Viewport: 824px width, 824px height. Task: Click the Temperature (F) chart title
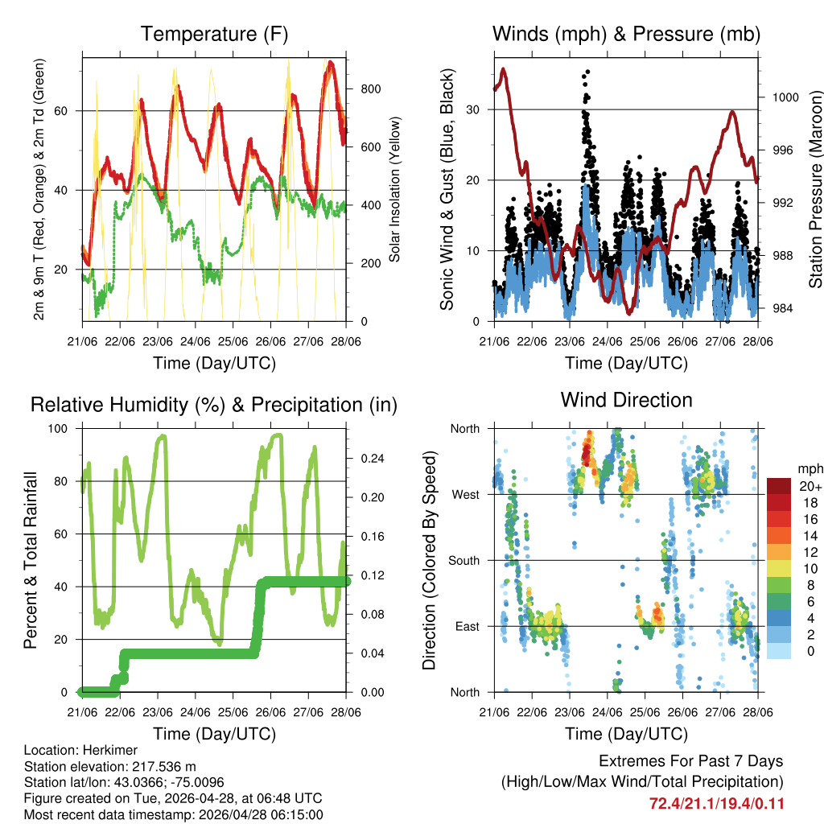[214, 34]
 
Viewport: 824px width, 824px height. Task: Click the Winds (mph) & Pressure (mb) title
[626, 34]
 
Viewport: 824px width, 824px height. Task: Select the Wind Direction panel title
[626, 400]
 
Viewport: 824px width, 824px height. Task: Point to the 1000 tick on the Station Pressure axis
[783, 97]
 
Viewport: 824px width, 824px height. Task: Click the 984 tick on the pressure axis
[783, 308]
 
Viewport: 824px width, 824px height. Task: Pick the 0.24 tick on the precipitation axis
[366, 459]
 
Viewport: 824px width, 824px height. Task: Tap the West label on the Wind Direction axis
[465, 494]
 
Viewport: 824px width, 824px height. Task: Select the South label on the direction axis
[463, 560]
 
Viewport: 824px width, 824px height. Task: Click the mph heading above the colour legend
[808, 468]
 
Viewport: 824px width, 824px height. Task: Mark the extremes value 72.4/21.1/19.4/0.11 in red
[716, 803]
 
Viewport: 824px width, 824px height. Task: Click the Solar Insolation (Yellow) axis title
[395, 190]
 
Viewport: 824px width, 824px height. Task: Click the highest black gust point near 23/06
[587, 72]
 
